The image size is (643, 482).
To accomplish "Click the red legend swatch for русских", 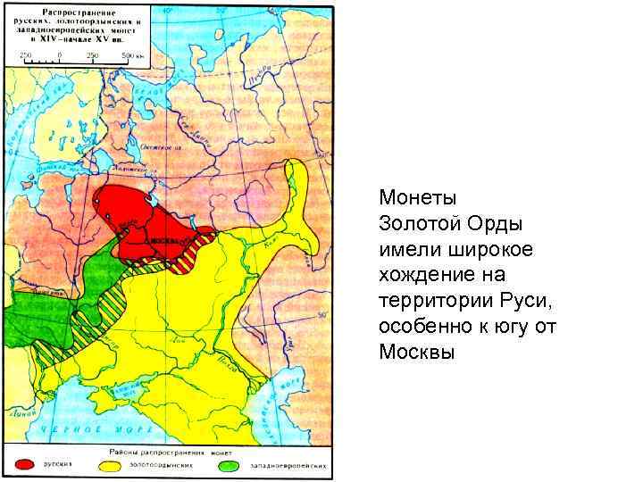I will point(26,465).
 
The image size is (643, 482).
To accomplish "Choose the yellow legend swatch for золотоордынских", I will point(112,465).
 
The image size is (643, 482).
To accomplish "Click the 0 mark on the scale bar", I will point(60,55).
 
